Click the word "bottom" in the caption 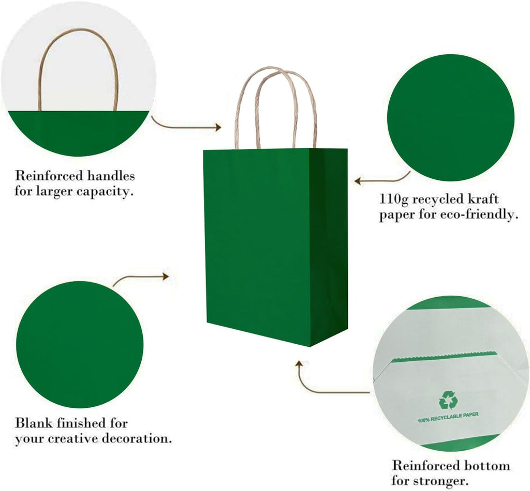click(x=487, y=465)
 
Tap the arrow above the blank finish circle click(x=141, y=279)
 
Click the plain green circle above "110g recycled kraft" click(x=450, y=118)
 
